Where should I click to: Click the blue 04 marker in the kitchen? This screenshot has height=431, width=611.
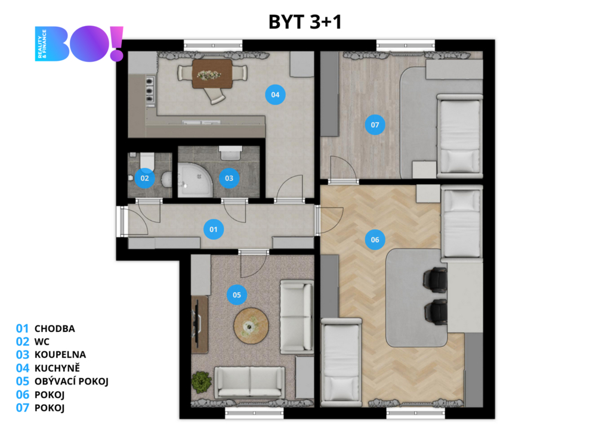(275, 95)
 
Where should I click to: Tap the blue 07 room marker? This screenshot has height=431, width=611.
(375, 125)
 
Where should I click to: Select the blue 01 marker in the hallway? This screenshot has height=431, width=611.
(214, 230)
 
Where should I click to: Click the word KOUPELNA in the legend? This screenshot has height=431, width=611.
(60, 355)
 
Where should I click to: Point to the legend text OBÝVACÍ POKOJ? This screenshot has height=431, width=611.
(72, 381)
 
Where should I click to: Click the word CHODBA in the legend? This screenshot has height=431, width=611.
(54, 328)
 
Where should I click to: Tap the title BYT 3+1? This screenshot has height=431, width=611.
(305, 22)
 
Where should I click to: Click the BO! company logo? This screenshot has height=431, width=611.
(79, 44)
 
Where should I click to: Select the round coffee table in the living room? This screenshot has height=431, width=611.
(251, 326)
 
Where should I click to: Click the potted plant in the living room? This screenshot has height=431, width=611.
(201, 382)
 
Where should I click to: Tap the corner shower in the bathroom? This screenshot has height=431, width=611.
(195, 180)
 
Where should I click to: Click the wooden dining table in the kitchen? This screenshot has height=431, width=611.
(212, 74)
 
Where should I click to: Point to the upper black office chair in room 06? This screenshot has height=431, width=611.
(436, 280)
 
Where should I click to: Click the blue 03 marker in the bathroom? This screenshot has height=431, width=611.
(229, 178)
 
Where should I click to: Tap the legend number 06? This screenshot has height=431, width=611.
(23, 395)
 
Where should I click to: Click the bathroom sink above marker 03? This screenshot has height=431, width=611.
(230, 153)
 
